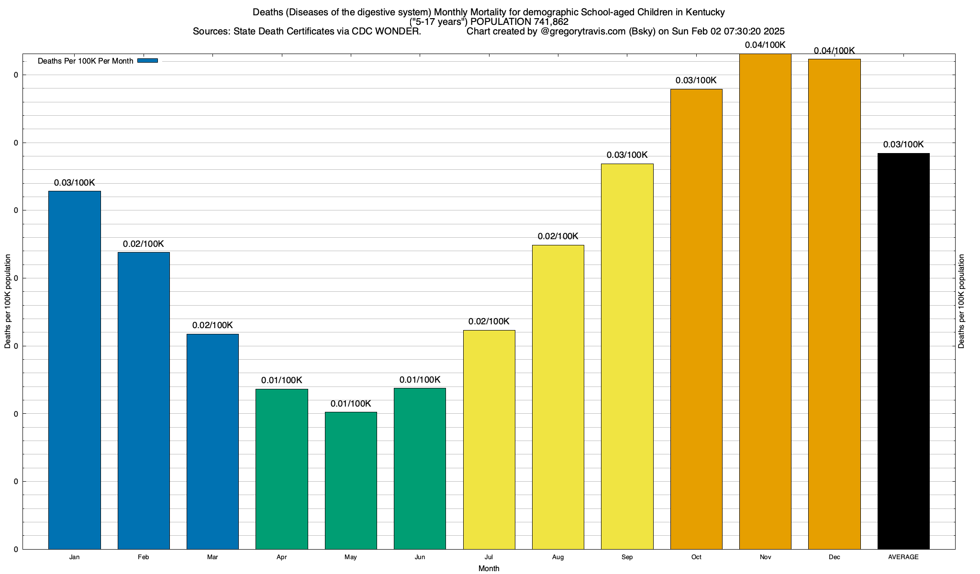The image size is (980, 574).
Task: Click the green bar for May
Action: point(351,480)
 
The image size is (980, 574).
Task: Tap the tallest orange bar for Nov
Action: point(765,301)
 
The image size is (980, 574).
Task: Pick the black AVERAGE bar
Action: point(903,351)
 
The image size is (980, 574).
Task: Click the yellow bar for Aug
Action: point(558,397)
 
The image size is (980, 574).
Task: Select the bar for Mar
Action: point(212,442)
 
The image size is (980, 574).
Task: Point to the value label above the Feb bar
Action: point(143,244)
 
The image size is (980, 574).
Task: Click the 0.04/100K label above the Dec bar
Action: point(834,51)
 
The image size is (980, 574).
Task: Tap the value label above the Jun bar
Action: point(420,380)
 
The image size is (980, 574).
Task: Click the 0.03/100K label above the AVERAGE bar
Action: point(903,144)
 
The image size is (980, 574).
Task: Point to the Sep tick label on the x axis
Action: point(627,557)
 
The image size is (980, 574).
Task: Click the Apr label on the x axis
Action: point(282,557)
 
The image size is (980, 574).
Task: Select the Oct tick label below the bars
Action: point(696,557)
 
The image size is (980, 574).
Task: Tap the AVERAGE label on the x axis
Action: point(903,557)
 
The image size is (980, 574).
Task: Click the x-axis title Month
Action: point(489,569)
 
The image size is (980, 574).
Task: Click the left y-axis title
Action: point(8,301)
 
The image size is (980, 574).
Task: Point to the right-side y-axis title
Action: point(961,301)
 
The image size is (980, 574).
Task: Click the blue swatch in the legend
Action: point(147,61)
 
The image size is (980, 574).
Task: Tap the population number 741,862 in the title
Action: point(551,22)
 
